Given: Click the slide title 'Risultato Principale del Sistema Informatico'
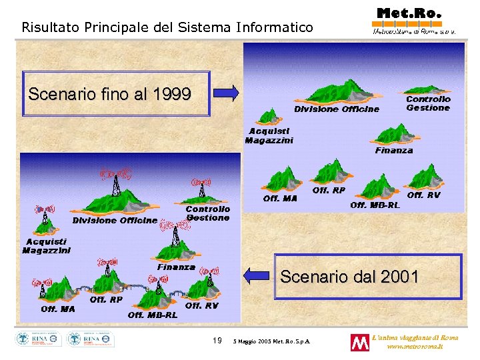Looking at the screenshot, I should (167, 27).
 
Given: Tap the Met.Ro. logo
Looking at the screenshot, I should (409, 19).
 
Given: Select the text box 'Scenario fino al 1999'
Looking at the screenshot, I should (110, 94).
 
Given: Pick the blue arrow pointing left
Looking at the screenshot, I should (257, 275).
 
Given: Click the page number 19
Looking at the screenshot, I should (217, 341).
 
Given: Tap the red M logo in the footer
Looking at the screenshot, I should (359, 343).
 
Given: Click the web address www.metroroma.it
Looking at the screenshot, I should (423, 347).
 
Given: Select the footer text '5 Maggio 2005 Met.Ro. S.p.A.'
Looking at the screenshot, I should (275, 342).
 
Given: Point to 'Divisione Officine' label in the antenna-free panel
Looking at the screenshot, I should (337, 109).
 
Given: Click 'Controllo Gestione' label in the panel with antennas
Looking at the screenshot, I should (207, 213).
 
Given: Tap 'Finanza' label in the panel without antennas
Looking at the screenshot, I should (393, 151).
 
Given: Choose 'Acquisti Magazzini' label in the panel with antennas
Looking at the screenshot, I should (46, 246).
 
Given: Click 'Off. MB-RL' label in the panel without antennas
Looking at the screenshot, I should (375, 205).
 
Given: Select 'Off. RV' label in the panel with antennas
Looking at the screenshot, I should (202, 306).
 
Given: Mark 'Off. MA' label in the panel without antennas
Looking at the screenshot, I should (280, 198).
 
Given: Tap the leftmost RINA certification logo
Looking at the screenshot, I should (39, 339).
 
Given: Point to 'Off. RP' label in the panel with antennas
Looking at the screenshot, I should (106, 300).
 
